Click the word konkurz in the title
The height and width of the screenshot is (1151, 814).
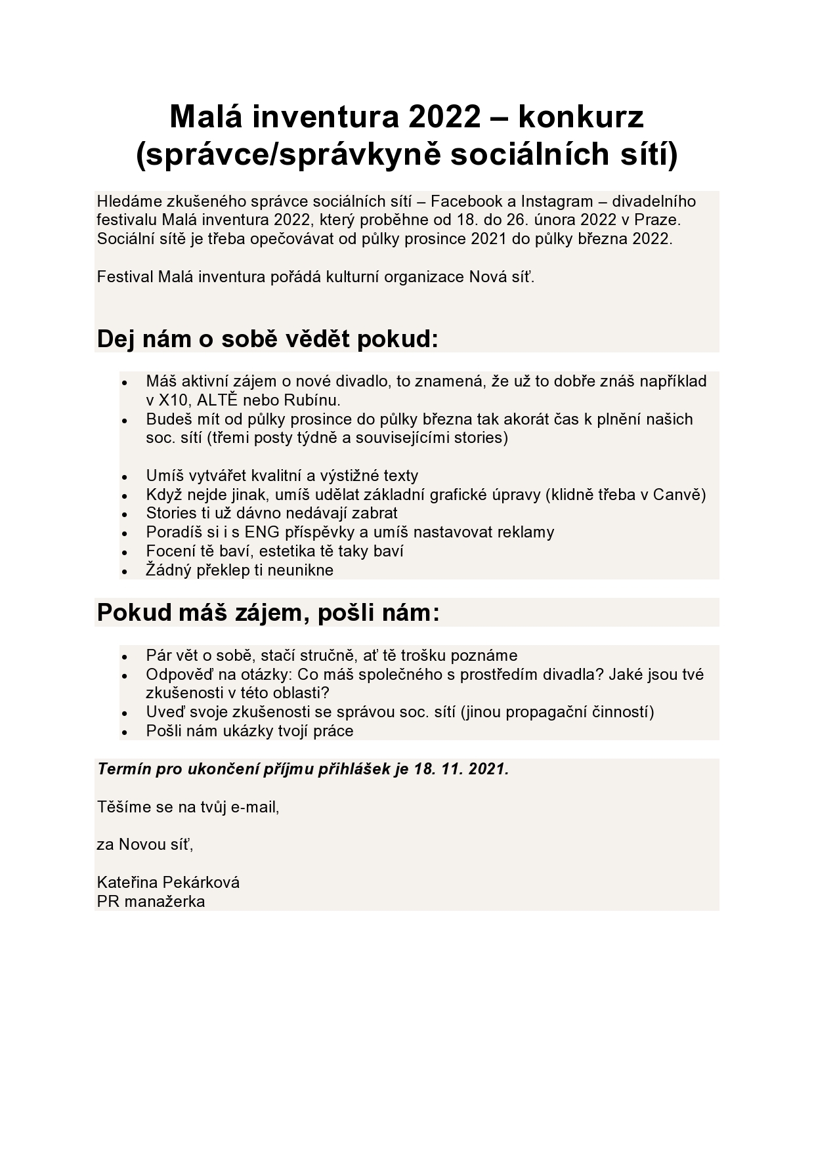tap(581, 117)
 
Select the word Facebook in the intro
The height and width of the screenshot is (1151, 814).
tap(465, 201)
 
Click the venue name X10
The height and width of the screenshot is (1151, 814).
tap(173, 400)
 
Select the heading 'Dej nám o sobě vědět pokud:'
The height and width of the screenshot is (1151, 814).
tap(267, 339)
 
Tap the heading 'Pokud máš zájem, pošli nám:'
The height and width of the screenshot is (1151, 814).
tap(268, 613)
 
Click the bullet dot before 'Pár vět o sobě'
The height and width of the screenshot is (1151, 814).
tap(124, 656)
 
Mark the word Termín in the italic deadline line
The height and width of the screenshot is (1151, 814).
tap(123, 769)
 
